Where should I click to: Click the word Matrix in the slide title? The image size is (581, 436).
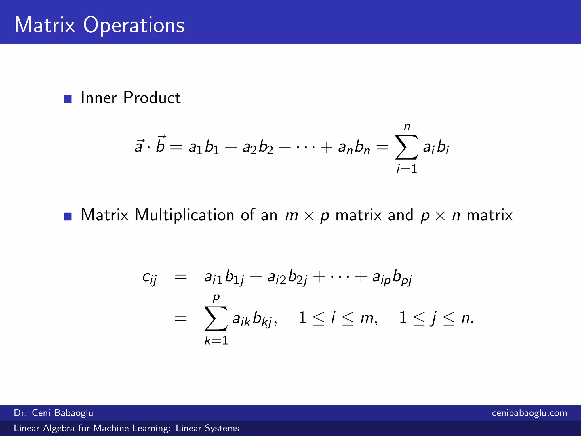45,25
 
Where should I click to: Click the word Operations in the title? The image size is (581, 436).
134,26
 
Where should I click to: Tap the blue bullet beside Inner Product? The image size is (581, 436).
68,99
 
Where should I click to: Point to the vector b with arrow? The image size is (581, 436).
161,144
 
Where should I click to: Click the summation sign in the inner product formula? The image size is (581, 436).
407,147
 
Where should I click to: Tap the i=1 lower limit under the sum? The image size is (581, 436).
407,169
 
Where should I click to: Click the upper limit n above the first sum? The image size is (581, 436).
407,126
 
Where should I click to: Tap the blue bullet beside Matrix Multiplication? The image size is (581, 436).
68,216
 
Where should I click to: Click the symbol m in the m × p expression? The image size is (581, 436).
291,215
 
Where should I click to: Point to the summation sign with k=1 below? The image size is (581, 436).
216,318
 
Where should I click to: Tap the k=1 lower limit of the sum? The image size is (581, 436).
216,340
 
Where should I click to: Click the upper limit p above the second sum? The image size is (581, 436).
216,297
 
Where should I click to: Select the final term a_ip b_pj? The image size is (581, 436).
392,277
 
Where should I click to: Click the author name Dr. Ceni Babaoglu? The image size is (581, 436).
54,413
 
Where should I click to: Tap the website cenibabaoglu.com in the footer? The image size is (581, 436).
529,413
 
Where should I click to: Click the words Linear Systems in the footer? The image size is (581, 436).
207,428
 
